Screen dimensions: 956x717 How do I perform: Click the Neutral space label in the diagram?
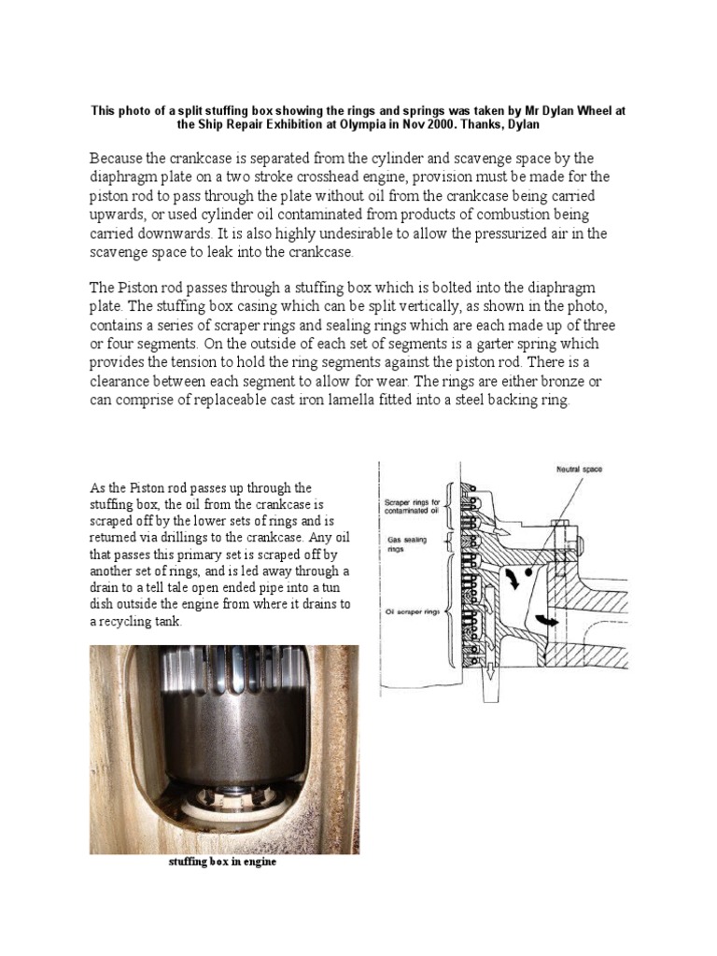pyautogui.click(x=579, y=470)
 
